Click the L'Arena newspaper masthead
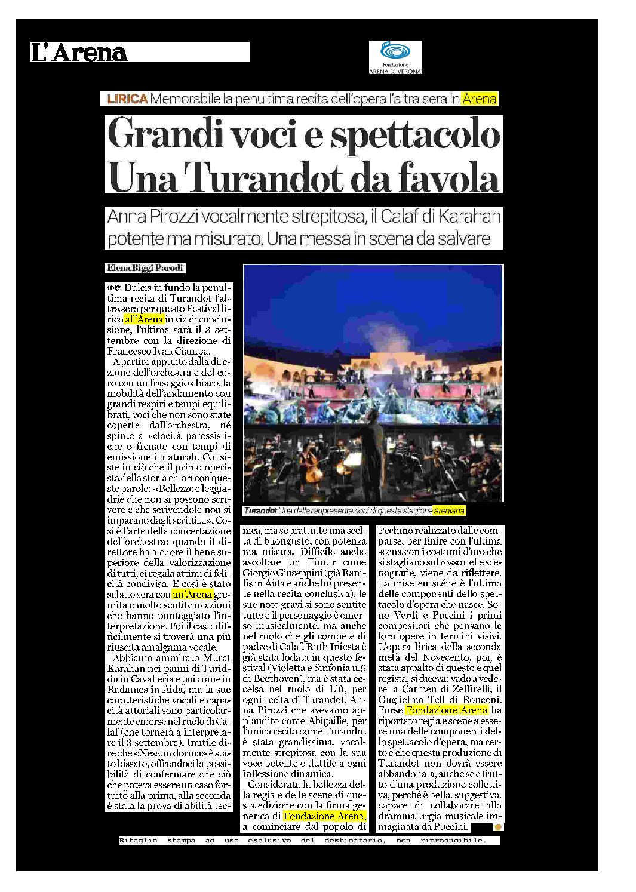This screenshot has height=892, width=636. pos(79,53)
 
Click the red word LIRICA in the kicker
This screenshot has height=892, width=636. pos(127,99)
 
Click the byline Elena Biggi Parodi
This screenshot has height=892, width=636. pos(145,268)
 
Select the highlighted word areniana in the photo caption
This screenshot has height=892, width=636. pos(448,511)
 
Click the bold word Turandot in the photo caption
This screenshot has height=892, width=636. pos(260,511)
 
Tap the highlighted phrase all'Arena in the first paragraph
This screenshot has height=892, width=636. pos(144,319)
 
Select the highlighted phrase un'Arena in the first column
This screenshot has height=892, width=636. pos(192,595)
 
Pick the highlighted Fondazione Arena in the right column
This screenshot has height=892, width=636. pos(447,710)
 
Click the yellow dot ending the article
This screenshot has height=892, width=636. pos(497,827)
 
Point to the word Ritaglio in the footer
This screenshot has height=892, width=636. pos(138,841)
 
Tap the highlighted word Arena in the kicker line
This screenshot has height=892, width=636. pos(480,99)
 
